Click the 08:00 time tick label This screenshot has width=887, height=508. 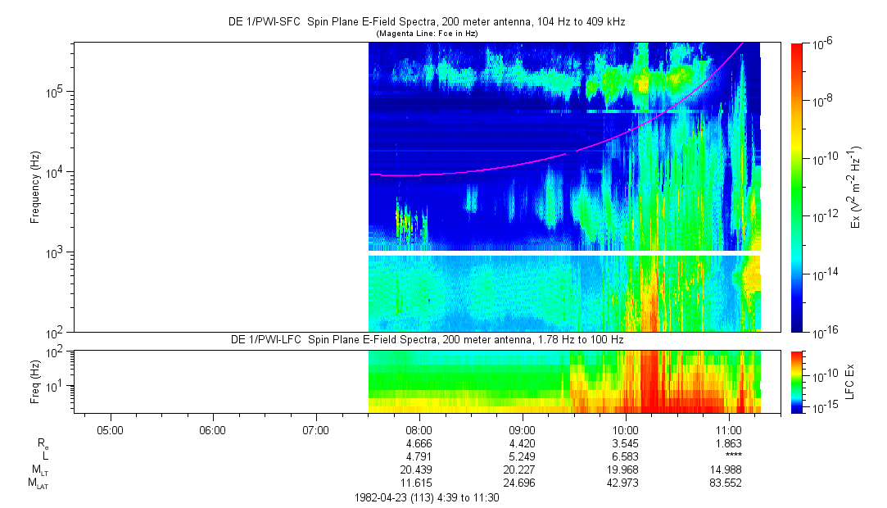(x=419, y=429)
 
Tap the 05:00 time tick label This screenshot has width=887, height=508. (x=110, y=429)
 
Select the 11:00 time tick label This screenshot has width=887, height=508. (x=728, y=429)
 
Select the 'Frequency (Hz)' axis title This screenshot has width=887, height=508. (x=34, y=187)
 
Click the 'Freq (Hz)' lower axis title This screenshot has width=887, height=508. (x=34, y=381)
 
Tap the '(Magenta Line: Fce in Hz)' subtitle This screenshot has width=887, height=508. (x=427, y=34)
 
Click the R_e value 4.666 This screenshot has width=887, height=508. (x=419, y=443)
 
